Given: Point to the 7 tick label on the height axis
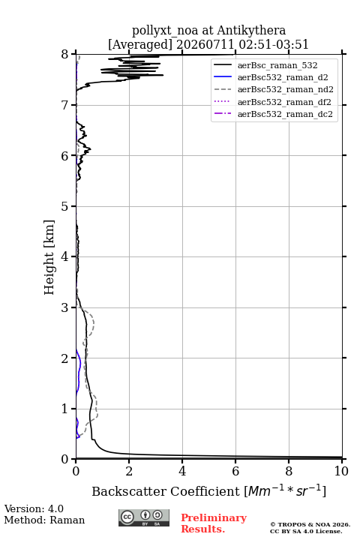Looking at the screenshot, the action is pyautogui.click(x=64, y=105).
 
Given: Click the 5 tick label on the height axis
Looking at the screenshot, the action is pyautogui.click(x=64, y=206).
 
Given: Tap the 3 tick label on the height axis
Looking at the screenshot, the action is pyautogui.click(x=64, y=307).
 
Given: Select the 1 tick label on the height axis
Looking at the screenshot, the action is pyautogui.click(x=64, y=409).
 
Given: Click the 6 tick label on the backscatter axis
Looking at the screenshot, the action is pyautogui.click(x=235, y=471).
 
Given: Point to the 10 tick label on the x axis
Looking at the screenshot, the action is pyautogui.click(x=341, y=471).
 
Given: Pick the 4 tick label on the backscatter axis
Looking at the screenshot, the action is pyautogui.click(x=182, y=471).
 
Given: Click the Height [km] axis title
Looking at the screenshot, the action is pyautogui.click(x=49, y=257).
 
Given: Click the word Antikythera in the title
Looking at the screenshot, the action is pyautogui.click(x=251, y=31).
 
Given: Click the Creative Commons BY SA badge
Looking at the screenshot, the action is pyautogui.click(x=144, y=517).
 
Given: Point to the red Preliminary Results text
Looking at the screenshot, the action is pyautogui.click(x=214, y=523).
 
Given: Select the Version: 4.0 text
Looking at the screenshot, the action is pyautogui.click(x=34, y=508).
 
